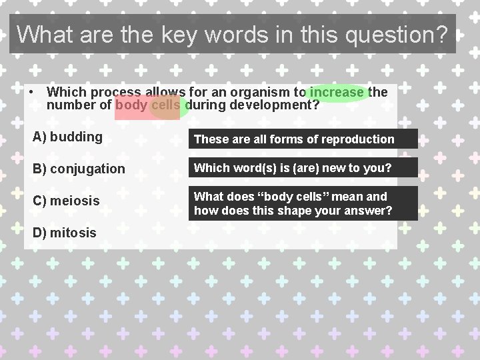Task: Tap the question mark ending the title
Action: coord(441,34)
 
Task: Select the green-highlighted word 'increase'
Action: coord(337,92)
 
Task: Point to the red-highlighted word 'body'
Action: coord(131,105)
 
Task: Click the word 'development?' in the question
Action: coord(275,105)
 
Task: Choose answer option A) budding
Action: coord(68,137)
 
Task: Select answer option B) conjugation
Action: coord(79,169)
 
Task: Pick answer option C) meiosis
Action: coord(66,201)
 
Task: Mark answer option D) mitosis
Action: coord(65,233)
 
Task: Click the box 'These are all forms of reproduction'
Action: coord(303,139)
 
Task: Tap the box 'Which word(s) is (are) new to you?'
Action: coord(303,168)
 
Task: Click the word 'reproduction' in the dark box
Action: coord(361,139)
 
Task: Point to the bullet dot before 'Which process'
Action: coord(32,92)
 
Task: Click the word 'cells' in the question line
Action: coord(166,105)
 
